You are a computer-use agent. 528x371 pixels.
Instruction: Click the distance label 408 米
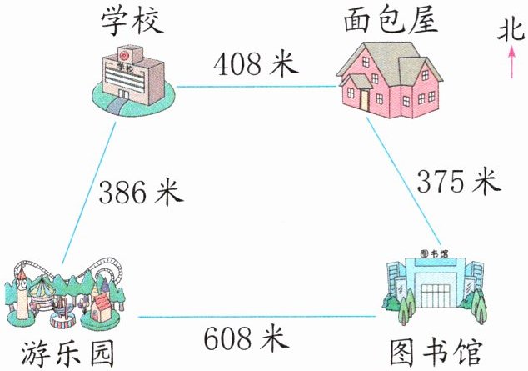256,63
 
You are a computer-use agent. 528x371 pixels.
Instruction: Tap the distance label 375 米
457,181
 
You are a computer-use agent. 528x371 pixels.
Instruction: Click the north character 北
509,33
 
